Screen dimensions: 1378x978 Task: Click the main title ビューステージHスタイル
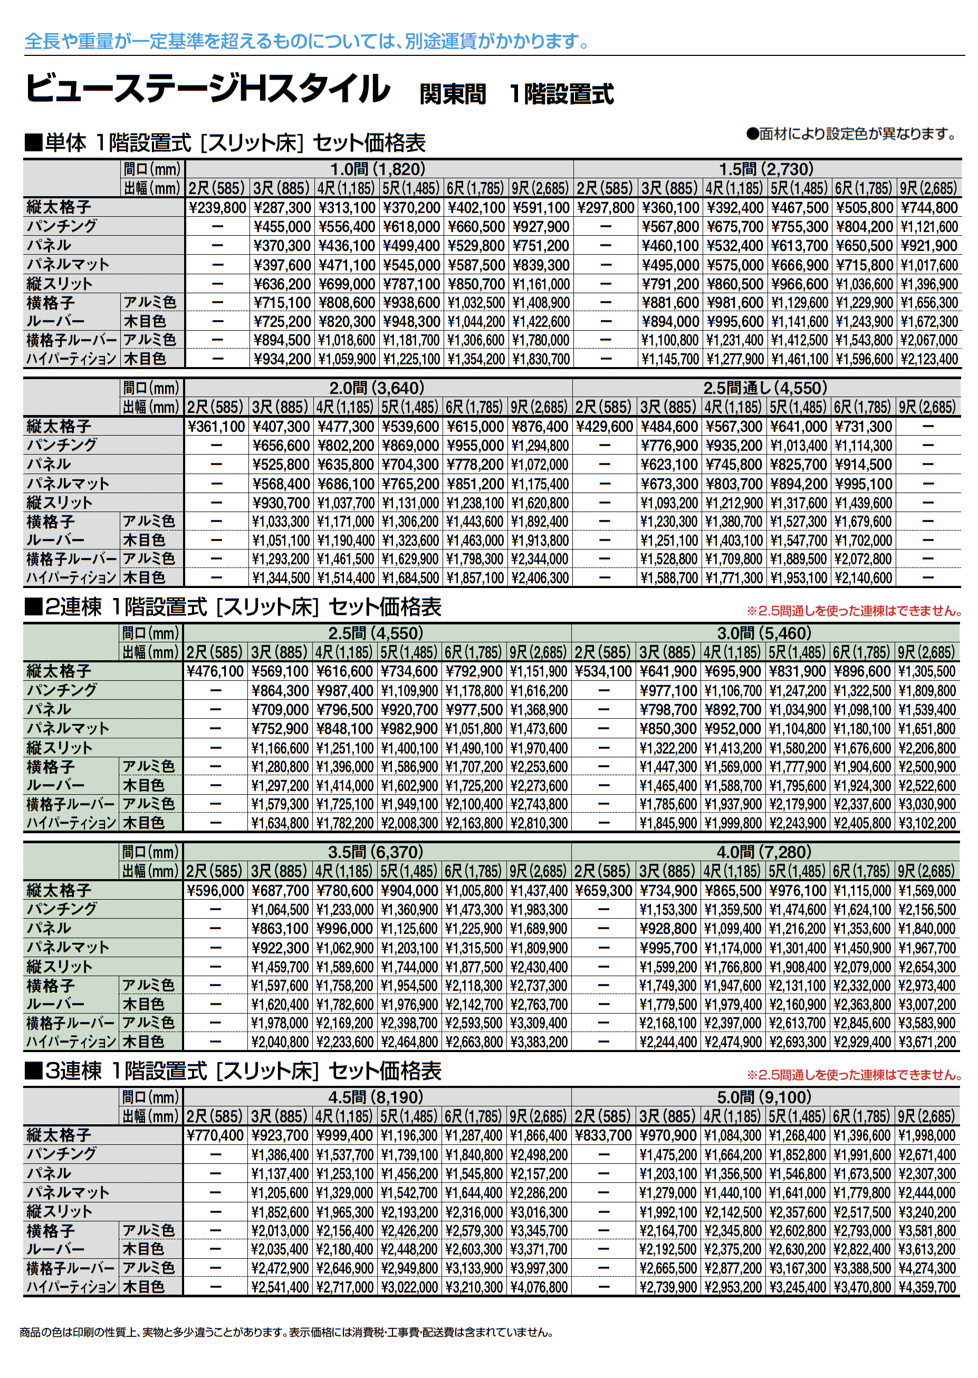tap(208, 89)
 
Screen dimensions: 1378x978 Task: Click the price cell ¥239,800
tap(217, 208)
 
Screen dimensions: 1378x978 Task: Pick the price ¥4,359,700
tap(927, 1287)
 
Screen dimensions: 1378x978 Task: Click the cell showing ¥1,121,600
tap(928, 227)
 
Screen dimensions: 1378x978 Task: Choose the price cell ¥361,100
tap(216, 427)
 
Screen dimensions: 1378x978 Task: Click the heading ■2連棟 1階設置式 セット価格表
tap(233, 607)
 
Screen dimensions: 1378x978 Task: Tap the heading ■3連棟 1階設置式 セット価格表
tap(233, 1071)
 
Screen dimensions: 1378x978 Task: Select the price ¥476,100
tap(215, 671)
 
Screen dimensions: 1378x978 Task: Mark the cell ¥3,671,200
tap(927, 1042)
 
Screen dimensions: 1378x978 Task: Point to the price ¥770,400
tap(215, 1135)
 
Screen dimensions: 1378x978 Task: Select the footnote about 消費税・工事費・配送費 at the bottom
tap(286, 1333)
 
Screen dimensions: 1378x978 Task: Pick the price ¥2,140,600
tap(863, 578)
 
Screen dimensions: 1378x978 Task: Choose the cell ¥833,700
tap(603, 1135)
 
